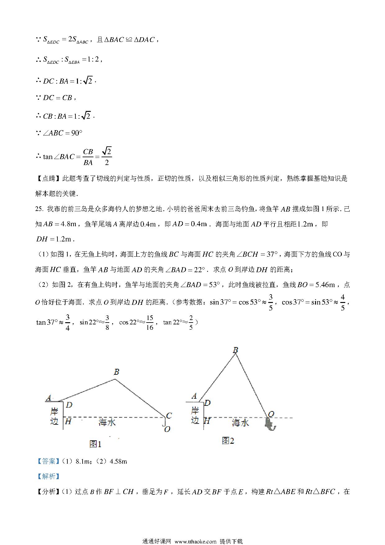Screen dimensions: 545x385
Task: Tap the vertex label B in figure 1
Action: point(116,372)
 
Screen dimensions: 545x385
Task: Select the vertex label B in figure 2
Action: point(235,350)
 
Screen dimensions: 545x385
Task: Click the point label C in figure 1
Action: point(169,415)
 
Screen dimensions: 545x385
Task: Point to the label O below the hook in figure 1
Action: point(167,429)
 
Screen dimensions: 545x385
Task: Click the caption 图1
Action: point(95,444)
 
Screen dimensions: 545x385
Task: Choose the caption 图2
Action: point(228,441)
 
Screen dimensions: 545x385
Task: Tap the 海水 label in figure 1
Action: point(107,422)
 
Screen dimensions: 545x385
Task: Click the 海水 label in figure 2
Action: point(240,423)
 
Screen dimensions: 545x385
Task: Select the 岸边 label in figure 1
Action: point(54,416)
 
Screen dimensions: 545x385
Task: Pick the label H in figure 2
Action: point(207,421)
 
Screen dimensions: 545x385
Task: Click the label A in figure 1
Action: point(48,398)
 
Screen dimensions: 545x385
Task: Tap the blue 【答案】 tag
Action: point(48,461)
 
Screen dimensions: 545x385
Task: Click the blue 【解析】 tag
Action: point(48,476)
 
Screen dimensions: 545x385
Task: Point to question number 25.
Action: point(39,209)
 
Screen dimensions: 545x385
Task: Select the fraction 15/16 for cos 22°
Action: point(150,323)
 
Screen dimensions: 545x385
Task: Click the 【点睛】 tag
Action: point(48,179)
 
